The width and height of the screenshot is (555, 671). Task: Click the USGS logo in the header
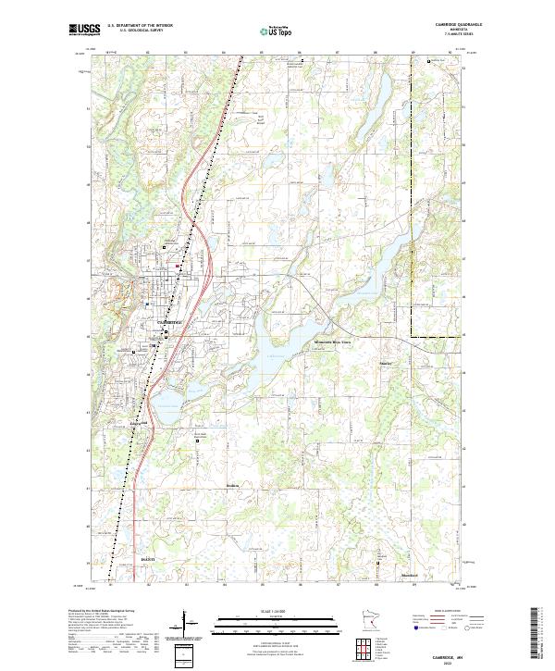[x=84, y=30]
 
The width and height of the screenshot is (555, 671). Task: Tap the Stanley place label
[x=388, y=364]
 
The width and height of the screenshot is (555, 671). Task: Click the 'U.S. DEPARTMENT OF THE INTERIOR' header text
[x=140, y=25]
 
